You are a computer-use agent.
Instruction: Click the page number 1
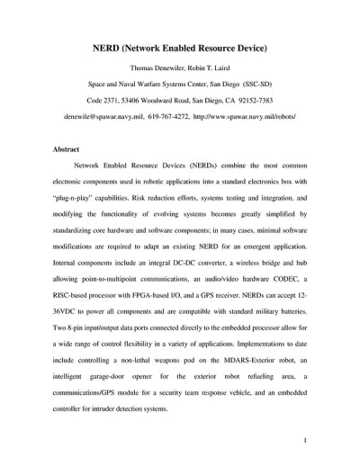(x=307, y=441)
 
